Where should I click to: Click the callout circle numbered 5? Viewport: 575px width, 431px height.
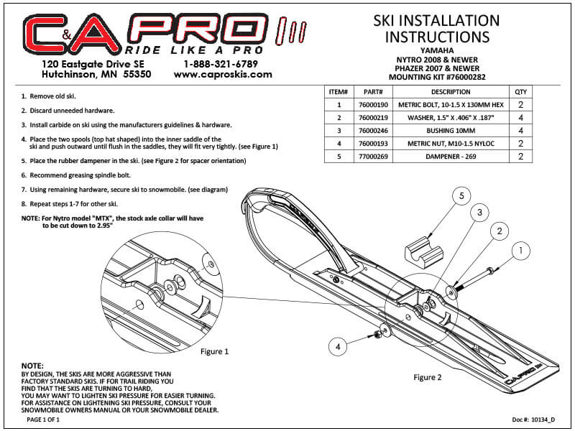461,196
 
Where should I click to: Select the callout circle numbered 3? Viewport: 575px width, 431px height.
479,213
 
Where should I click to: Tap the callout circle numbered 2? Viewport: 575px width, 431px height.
500,231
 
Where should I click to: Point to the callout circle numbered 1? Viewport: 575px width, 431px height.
520,251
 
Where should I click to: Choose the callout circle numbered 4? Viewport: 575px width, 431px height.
338,347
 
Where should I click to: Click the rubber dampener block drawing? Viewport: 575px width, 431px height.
424,251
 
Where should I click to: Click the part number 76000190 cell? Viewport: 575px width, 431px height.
373,105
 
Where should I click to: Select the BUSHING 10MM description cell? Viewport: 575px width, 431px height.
451,131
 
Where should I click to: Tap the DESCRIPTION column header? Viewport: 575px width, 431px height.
451,92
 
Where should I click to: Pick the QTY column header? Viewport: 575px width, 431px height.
520,92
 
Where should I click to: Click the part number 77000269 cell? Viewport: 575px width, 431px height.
373,157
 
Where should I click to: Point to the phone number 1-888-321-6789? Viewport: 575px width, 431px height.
221,64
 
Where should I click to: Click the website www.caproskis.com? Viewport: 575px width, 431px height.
223,75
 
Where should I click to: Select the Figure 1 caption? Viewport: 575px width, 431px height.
214,351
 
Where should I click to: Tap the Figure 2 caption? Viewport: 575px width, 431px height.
428,378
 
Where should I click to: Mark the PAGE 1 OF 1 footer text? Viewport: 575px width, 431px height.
43,420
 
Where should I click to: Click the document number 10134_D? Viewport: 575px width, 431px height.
543,420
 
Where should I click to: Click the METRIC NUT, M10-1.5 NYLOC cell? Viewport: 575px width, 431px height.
451,144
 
